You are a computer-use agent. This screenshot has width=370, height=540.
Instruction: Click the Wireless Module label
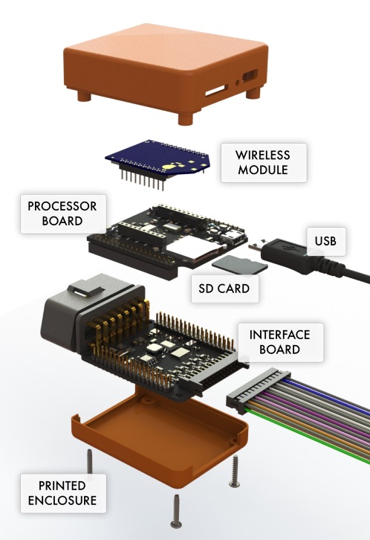[x=264, y=163]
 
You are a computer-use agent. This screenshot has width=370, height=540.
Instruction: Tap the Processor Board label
[x=63, y=214]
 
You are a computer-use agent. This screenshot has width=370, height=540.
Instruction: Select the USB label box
[x=326, y=241]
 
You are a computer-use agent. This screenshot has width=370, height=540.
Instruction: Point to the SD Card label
[x=224, y=289]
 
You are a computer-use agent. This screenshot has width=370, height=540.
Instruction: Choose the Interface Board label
[x=280, y=342]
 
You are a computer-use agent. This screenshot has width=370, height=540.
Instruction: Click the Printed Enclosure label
[x=63, y=493]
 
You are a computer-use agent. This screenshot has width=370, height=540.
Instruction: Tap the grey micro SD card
[x=240, y=266]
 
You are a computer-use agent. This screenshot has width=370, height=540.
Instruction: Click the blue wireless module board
[x=158, y=159]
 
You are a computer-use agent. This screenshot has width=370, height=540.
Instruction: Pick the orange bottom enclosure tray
[x=160, y=436]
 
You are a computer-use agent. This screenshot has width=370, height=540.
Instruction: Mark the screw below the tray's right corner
[x=235, y=471]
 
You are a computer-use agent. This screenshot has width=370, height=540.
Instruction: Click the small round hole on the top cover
[x=238, y=83]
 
